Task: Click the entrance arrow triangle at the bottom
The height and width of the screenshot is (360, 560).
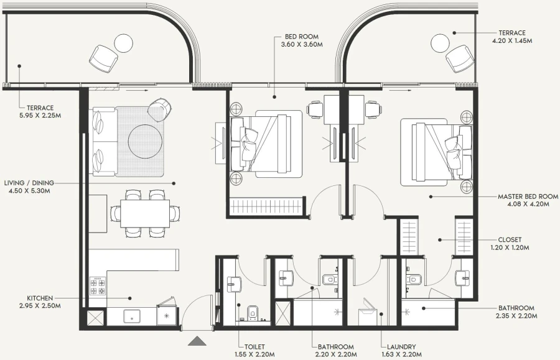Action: (197, 341)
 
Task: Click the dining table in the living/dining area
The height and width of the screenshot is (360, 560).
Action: (145, 213)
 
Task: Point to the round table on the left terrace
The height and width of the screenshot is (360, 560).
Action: (123, 43)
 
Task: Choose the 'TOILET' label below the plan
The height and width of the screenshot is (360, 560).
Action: (254, 346)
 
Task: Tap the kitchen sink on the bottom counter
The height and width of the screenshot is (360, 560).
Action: (133, 316)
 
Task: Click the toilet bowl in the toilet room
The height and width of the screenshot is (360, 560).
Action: (253, 312)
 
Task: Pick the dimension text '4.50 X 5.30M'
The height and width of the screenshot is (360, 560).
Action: (27, 191)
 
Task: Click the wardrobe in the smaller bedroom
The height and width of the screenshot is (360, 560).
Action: (265, 206)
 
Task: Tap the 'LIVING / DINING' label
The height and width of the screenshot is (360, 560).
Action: (29, 183)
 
